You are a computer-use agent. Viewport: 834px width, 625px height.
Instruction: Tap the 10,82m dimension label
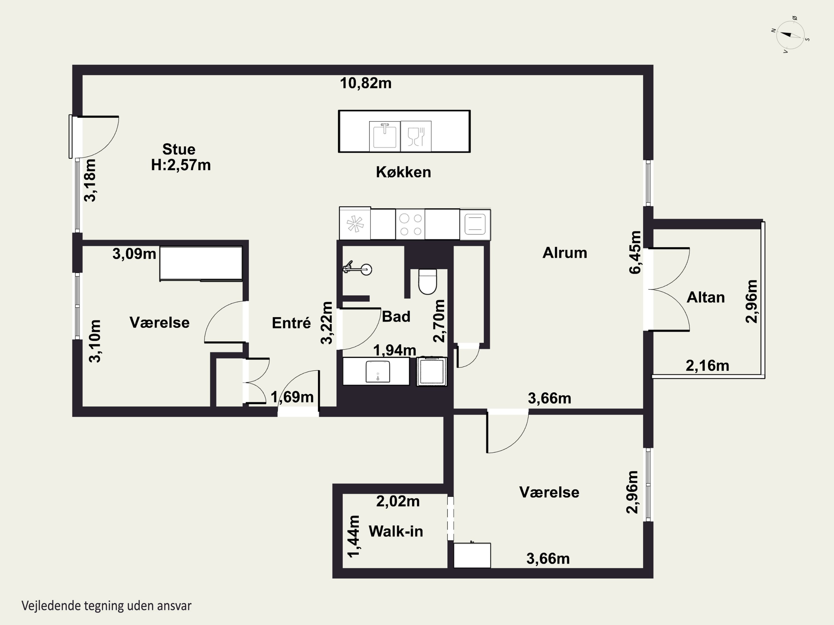pyautogui.click(x=366, y=83)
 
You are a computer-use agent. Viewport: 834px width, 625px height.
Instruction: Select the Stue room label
pyautogui.click(x=179, y=149)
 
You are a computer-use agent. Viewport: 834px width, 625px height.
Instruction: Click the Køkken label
pyautogui.click(x=403, y=172)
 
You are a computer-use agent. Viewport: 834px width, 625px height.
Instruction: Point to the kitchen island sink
pyautogui.click(x=384, y=136)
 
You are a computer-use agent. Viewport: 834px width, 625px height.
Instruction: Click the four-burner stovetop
pyautogui.click(x=410, y=224)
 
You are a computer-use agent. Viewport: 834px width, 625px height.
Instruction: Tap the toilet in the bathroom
pyautogui.click(x=428, y=282)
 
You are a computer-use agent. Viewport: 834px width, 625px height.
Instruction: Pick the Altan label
pyautogui.click(x=706, y=297)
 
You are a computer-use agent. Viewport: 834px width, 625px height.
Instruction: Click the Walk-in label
pyautogui.click(x=396, y=531)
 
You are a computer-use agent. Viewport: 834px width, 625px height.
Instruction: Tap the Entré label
pyautogui.click(x=291, y=323)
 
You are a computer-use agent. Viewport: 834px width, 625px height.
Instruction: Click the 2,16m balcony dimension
pyautogui.click(x=707, y=366)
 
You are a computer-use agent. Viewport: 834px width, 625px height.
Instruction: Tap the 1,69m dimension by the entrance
pyautogui.click(x=292, y=397)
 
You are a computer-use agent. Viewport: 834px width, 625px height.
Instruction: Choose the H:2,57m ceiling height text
pyautogui.click(x=181, y=165)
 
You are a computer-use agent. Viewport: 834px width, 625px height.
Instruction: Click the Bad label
pyautogui.click(x=396, y=316)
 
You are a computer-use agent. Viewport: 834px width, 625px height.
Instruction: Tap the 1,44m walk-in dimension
pyautogui.click(x=354, y=536)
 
